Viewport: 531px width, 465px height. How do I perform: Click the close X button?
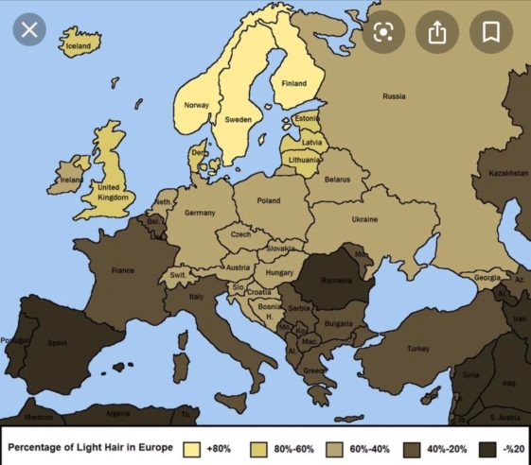click(x=29, y=30)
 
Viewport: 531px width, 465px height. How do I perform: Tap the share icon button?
click(x=436, y=31)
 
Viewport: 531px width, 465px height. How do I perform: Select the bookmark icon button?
click(x=490, y=31)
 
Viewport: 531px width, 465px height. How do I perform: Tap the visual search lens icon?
click(x=382, y=31)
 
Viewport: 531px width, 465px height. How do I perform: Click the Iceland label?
click(x=79, y=45)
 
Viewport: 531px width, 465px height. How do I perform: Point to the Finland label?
click(x=294, y=83)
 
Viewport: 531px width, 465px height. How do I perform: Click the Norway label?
click(x=196, y=105)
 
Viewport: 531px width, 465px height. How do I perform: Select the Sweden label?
click(x=238, y=120)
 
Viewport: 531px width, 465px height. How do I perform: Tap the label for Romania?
click(x=335, y=282)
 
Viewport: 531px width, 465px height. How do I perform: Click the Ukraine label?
click(x=364, y=219)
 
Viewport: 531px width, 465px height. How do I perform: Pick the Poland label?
click(x=269, y=200)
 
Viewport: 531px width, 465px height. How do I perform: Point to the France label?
click(x=123, y=270)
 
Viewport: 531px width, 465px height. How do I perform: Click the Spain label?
click(x=58, y=343)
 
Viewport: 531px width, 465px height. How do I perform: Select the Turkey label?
click(x=417, y=349)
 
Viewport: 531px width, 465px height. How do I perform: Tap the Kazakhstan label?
click(x=507, y=174)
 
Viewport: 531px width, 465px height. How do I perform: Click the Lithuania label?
click(x=303, y=161)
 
